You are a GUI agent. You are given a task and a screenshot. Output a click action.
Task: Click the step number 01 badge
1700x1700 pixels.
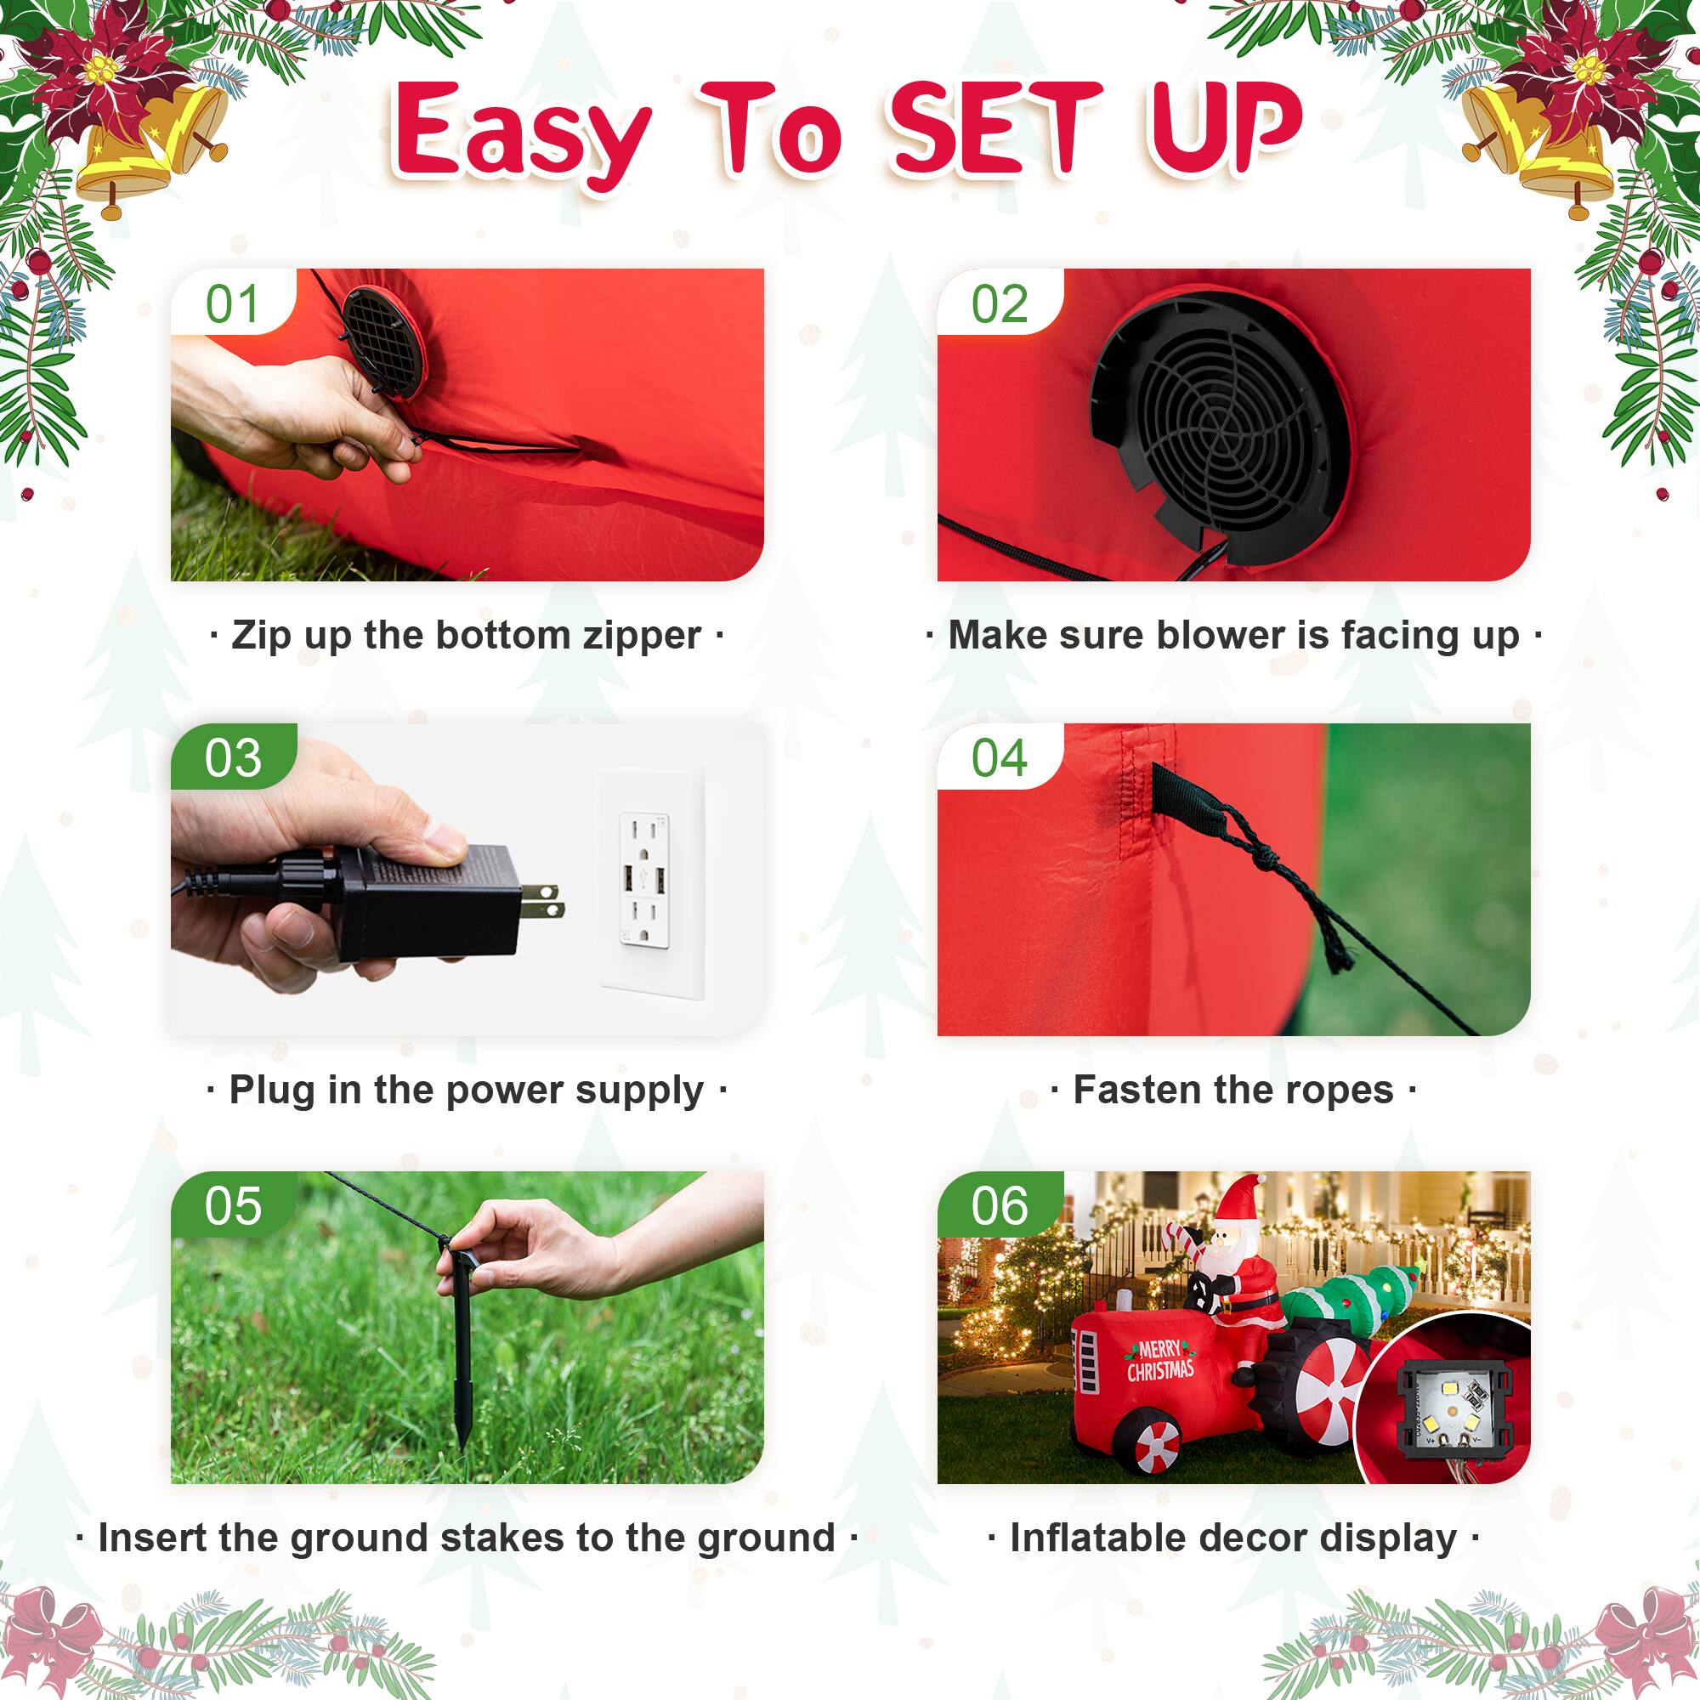point(232,304)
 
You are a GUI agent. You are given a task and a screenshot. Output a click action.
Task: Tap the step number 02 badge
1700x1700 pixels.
point(1000,304)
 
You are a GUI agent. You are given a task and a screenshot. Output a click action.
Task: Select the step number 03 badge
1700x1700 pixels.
point(233,758)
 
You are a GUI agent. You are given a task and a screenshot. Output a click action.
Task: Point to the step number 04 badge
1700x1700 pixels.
point(1000,758)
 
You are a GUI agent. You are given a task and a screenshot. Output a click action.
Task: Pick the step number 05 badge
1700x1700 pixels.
point(233,1206)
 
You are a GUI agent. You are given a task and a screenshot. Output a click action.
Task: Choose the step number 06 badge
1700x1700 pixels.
point(1000,1206)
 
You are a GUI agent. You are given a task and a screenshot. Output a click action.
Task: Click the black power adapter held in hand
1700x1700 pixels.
point(431,902)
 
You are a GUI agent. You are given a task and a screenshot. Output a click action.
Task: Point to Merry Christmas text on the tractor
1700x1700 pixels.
point(1160,1360)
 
